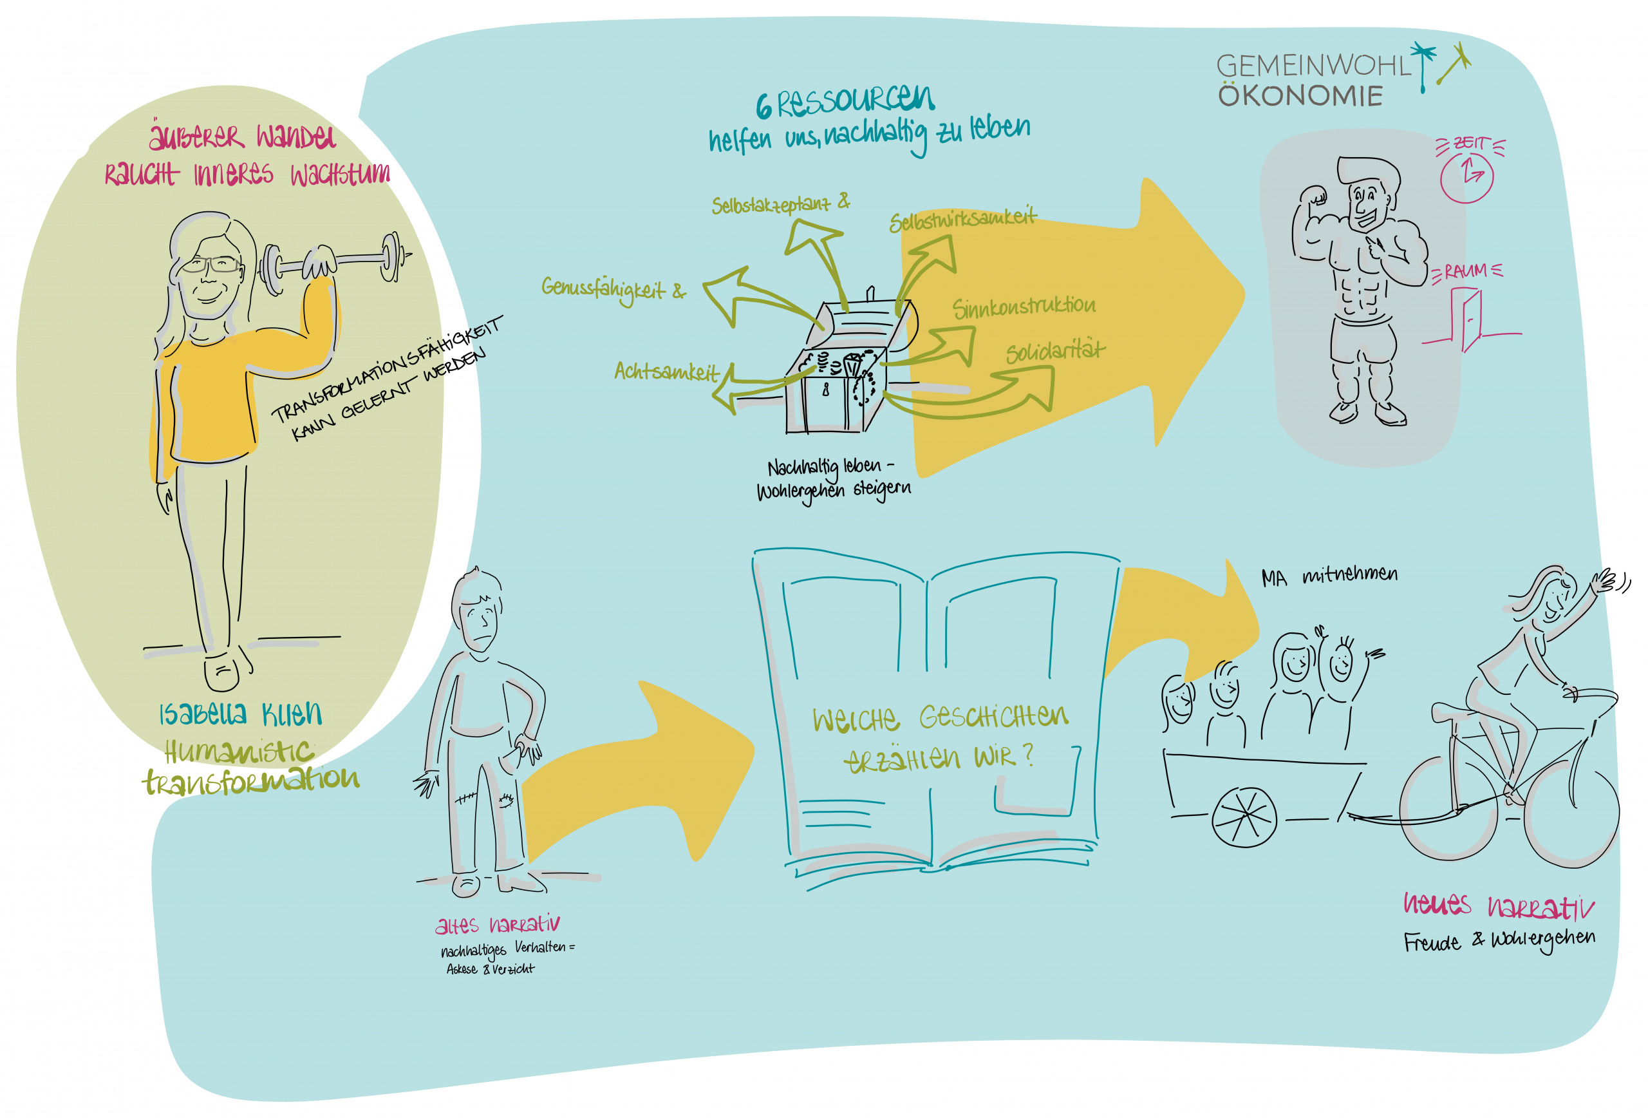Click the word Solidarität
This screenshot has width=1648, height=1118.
[x=1054, y=351]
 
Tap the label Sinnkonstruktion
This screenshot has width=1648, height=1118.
[x=1024, y=307]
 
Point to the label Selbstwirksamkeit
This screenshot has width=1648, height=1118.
[x=962, y=220]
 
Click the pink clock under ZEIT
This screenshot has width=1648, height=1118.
[x=1466, y=176]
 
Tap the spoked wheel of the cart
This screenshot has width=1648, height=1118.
[x=1244, y=817]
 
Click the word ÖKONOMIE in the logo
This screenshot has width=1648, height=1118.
[x=1300, y=96]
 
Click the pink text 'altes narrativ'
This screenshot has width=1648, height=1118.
[x=497, y=924]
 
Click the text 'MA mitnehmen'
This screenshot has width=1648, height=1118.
[x=1329, y=575]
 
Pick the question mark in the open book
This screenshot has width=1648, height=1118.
[x=1028, y=755]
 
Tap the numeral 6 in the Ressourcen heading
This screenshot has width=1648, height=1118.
[x=763, y=107]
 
